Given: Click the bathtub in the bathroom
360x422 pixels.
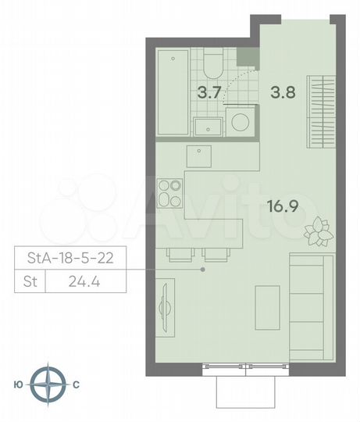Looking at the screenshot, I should pyautogui.click(x=172, y=92).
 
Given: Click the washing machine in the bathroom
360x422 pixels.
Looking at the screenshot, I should pyautogui.click(x=239, y=123).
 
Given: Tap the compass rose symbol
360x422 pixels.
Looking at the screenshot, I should pyautogui.click(x=52, y=384).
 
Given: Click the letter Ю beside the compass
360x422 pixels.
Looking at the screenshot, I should pyautogui.click(x=18, y=384).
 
